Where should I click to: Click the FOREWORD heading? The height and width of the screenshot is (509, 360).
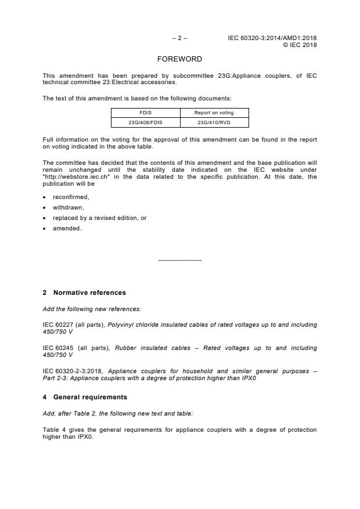(x=180, y=59)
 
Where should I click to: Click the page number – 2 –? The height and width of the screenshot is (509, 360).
(x=179, y=38)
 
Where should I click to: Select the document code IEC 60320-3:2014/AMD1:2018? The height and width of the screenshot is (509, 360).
(x=272, y=38)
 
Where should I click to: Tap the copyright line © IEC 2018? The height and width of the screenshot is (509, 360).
(x=300, y=45)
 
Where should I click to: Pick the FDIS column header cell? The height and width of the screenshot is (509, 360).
(x=145, y=113)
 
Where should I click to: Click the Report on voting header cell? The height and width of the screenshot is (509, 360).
(x=214, y=113)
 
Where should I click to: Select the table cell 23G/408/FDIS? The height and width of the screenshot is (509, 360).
(x=145, y=122)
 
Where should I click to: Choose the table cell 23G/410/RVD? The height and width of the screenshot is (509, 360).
(x=214, y=122)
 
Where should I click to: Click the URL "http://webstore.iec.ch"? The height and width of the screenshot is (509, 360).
(x=71, y=177)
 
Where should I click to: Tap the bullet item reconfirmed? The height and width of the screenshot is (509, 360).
(x=71, y=197)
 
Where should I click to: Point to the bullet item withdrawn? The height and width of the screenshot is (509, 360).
(x=69, y=207)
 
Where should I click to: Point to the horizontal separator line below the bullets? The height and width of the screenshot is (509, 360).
(x=180, y=260)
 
